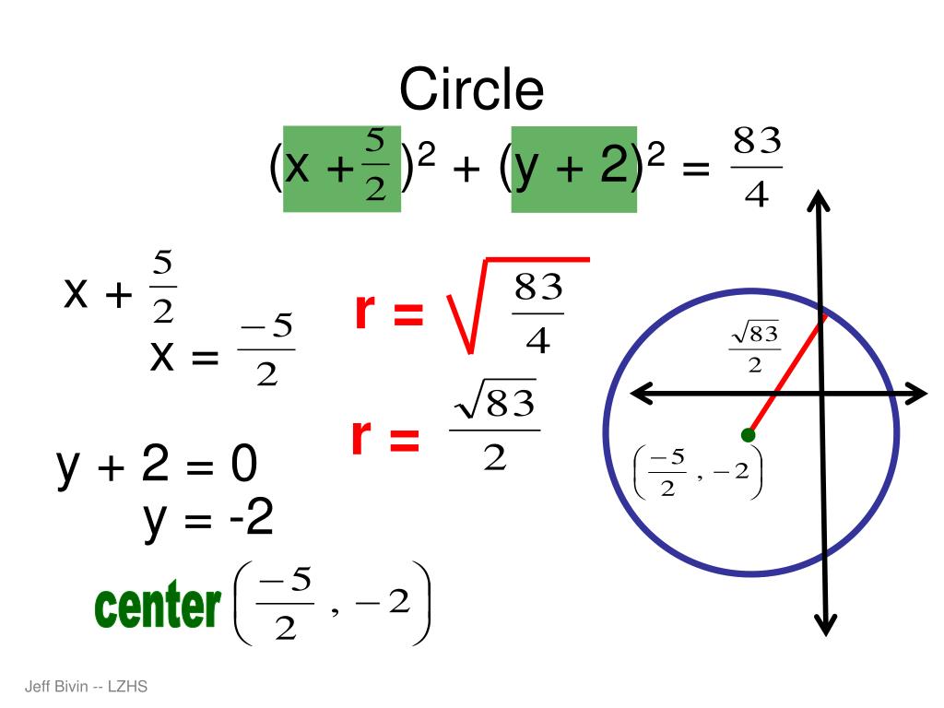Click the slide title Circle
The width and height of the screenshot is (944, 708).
coord(471,90)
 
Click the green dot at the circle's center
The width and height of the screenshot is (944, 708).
coord(748,434)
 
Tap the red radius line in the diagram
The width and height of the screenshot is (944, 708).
coord(785,375)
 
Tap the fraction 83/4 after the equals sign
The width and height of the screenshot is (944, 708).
coord(756,168)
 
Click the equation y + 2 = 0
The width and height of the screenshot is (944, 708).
coord(157,466)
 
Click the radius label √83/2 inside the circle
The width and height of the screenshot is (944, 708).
coord(754,348)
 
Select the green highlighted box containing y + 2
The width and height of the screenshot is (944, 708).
coord(573,169)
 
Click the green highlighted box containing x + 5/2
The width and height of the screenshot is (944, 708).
coord(341,169)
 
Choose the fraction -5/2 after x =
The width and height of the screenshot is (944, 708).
coord(265,353)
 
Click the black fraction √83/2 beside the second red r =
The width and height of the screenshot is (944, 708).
coord(494,429)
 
